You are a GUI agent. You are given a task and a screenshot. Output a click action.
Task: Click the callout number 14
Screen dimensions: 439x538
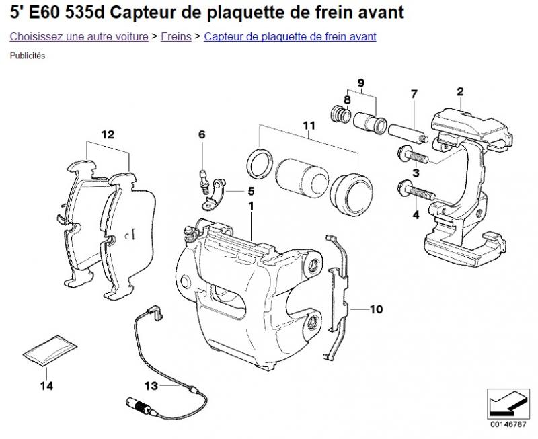[46, 385]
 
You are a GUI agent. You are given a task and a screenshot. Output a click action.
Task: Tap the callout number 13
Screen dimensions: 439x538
[151, 385]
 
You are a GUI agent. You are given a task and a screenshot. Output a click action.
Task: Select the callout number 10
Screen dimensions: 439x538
[375, 309]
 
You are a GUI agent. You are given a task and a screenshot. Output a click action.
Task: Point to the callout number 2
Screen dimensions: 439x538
[460, 91]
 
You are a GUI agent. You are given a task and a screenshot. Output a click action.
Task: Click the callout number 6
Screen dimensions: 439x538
[201, 134]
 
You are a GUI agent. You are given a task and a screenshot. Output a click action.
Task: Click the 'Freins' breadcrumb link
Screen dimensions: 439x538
[176, 36]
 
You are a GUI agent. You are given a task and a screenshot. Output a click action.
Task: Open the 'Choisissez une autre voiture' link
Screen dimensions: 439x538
[79, 36]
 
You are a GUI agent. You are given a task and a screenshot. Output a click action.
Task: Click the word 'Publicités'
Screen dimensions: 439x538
[28, 56]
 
